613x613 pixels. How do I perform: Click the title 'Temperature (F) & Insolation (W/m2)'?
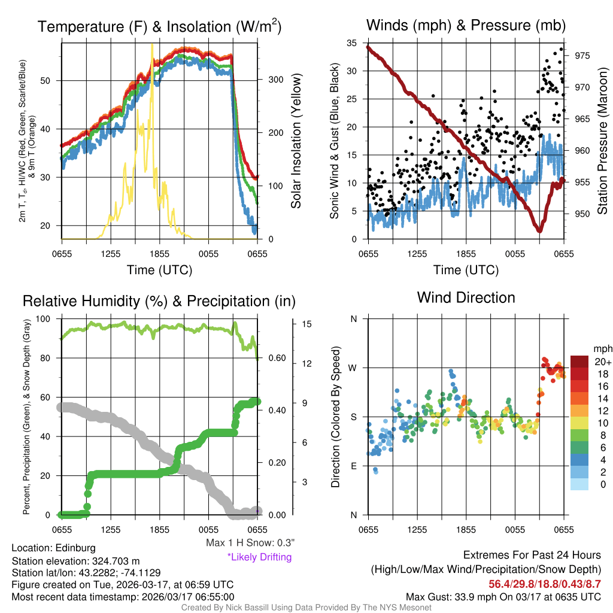[x=159, y=26]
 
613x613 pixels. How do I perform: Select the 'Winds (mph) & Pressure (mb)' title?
[x=466, y=25]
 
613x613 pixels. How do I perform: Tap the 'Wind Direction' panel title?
[x=466, y=297]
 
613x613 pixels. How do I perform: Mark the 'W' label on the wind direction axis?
[x=353, y=368]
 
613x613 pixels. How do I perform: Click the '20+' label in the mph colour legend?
[x=603, y=362]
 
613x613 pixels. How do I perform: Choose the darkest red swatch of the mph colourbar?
[x=580, y=362]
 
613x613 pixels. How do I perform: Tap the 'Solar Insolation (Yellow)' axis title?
[x=296, y=141]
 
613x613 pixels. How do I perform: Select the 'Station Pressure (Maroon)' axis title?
[x=603, y=141]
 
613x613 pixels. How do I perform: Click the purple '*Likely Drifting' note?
[x=259, y=557]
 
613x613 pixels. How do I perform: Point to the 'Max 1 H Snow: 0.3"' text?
[x=250, y=543]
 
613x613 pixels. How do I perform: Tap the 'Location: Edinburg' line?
[x=53, y=548]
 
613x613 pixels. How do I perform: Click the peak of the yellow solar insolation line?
[x=152, y=44]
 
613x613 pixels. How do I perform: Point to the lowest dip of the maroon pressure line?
[x=539, y=230]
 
